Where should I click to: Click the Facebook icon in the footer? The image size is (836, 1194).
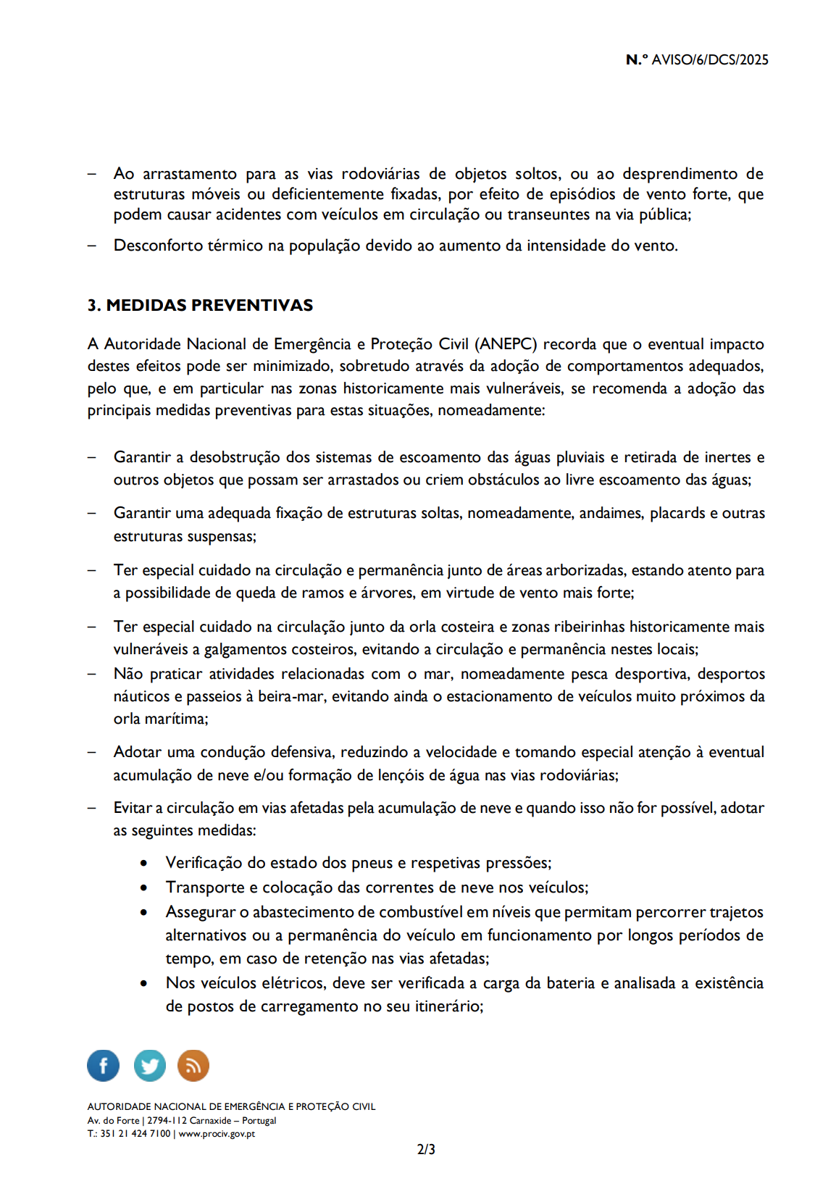[x=103, y=1066]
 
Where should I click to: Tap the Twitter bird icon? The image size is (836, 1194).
[x=149, y=1066]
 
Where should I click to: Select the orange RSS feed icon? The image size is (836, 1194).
[x=193, y=1066]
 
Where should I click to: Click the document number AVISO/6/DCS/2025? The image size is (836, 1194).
[x=709, y=60]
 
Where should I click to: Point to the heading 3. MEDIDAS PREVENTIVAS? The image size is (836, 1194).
[x=200, y=305]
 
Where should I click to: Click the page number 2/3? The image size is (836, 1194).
[x=426, y=1149]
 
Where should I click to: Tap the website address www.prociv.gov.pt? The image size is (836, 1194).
[x=217, y=1134]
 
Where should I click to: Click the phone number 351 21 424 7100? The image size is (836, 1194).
[x=135, y=1134]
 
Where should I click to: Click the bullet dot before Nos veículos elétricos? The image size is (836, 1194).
[x=144, y=984]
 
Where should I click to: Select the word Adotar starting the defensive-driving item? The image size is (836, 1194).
[x=137, y=752]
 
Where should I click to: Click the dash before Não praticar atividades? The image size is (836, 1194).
[x=92, y=674]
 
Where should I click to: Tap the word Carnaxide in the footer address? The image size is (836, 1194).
[x=210, y=1120]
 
